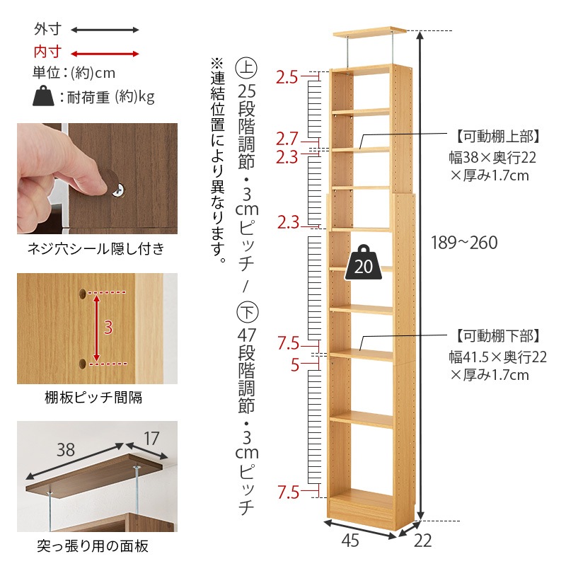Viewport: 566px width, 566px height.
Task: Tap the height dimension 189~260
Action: pyautogui.click(x=464, y=243)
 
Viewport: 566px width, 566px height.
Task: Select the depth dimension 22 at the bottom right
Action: pyautogui.click(x=422, y=541)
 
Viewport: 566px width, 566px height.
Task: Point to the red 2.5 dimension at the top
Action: pyautogui.click(x=287, y=76)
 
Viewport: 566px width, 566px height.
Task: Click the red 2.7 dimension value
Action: pyautogui.click(x=287, y=138)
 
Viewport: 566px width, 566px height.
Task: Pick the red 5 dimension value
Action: pyautogui.click(x=296, y=365)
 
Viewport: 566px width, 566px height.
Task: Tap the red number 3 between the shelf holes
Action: pyautogui.click(x=108, y=327)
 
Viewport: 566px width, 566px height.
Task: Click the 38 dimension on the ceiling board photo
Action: pyautogui.click(x=66, y=450)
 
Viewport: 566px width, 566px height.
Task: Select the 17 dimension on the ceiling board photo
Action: pyautogui.click(x=150, y=439)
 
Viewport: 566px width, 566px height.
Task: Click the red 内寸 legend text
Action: pyautogui.click(x=47, y=52)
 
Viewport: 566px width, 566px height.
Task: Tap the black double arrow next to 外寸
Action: pyautogui.click(x=105, y=30)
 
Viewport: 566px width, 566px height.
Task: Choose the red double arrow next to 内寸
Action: pyautogui.click(x=105, y=53)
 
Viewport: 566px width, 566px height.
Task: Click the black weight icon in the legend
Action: pyautogui.click(x=44, y=96)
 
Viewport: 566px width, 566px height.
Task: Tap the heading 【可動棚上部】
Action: pyautogui.click(x=498, y=136)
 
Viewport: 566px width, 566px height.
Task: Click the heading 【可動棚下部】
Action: pyautogui.click(x=498, y=335)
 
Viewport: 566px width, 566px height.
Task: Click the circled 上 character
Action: pyautogui.click(x=246, y=69)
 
